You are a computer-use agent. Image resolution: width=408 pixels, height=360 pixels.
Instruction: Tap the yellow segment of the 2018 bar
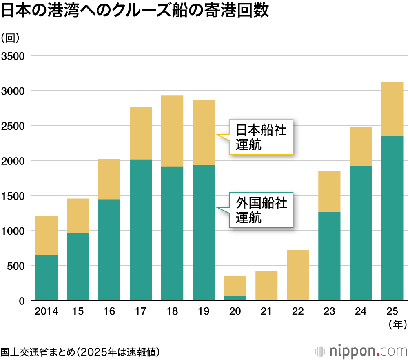(172, 131)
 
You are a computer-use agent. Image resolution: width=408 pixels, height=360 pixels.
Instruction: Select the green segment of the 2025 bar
(392, 218)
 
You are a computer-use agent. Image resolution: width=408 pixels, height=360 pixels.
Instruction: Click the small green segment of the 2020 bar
(235, 298)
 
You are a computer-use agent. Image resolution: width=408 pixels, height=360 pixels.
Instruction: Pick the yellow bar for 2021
(266, 286)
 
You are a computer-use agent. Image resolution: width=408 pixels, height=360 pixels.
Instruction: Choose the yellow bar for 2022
(298, 275)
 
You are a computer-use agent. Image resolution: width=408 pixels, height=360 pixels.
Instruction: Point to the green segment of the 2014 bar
(47, 278)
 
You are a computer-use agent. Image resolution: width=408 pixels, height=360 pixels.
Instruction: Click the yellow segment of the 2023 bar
(329, 191)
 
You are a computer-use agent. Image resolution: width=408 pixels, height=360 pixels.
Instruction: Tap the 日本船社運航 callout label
(261, 137)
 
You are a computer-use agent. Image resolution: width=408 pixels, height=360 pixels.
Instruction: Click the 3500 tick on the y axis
(13, 56)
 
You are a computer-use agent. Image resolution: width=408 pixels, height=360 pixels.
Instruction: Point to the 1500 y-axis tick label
(13, 196)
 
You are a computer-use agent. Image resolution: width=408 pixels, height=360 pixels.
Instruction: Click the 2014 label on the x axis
(47, 312)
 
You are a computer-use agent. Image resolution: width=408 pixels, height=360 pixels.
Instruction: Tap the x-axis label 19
(204, 312)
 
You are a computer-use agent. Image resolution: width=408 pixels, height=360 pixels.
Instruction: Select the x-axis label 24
(361, 312)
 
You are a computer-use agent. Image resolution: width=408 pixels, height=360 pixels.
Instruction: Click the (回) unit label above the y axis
(11, 38)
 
